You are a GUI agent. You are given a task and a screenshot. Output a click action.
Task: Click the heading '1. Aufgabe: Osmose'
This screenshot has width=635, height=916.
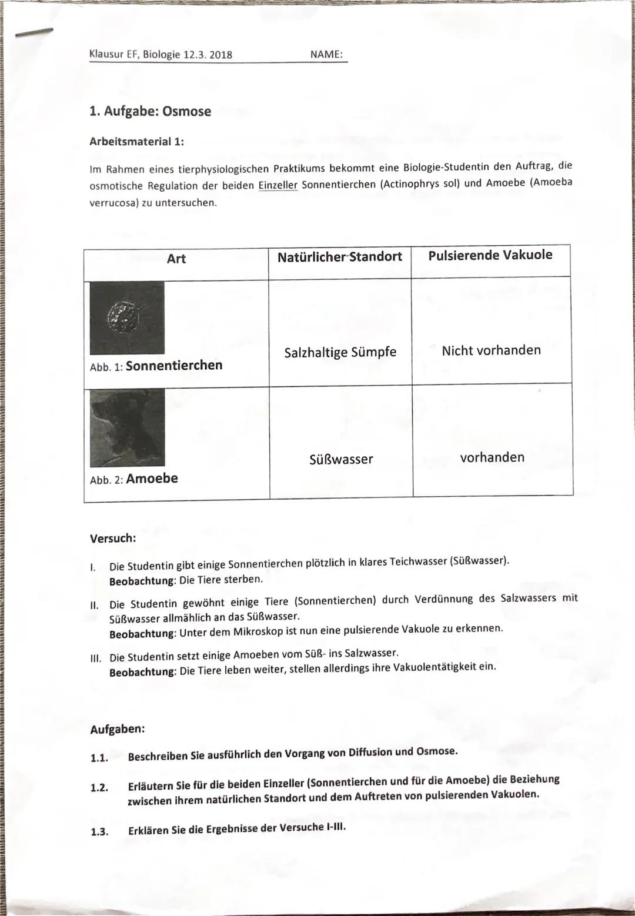coord(150,111)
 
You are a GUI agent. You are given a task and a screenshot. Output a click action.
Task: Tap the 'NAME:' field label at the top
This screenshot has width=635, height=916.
coord(326,54)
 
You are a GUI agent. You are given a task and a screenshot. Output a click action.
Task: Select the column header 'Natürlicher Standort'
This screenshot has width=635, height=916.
coord(339,256)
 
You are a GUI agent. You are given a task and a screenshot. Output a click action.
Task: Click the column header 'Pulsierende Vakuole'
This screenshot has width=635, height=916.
coord(490,255)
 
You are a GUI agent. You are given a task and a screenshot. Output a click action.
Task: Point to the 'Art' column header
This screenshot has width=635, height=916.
coord(176,259)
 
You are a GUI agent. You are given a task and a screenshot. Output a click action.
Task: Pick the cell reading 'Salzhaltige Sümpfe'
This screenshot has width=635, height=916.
coord(340,352)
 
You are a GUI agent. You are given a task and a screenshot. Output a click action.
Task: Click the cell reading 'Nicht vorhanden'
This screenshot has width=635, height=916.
coord(491,350)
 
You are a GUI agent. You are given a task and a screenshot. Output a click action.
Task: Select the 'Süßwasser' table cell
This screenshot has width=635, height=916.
coord(341,459)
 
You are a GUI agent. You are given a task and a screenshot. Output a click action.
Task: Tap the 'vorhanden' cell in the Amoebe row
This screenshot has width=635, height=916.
coord(492,457)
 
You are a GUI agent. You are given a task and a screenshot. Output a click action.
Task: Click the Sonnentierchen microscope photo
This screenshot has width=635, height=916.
coord(127,317)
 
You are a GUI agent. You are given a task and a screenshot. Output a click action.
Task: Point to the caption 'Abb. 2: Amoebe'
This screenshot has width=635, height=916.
coord(134,479)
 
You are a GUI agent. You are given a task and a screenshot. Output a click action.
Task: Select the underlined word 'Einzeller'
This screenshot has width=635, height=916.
coord(278,185)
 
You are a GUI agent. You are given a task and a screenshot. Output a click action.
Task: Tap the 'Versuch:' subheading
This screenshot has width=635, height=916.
coord(113,538)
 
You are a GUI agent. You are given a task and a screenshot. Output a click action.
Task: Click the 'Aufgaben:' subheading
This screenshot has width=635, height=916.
coord(117,729)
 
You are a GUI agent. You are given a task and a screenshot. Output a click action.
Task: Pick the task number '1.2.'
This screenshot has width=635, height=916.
coord(99,788)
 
